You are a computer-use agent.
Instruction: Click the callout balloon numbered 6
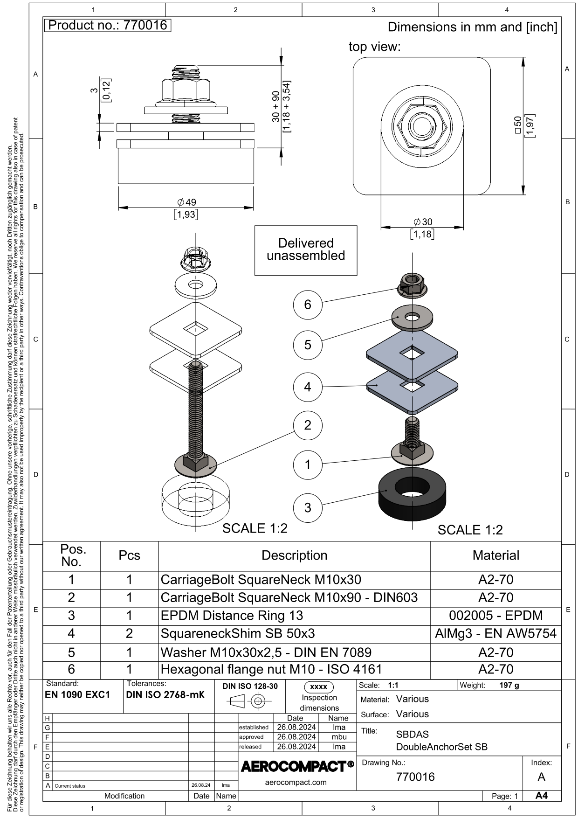click(x=308, y=305)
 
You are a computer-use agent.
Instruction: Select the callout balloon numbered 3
click(x=308, y=507)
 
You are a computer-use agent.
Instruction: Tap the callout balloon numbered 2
click(x=308, y=425)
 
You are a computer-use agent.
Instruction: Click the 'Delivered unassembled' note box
click(x=306, y=250)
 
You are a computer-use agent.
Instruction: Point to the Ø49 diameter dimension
click(x=186, y=202)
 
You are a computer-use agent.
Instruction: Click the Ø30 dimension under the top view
click(x=423, y=222)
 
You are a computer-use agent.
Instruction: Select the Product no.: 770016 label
click(x=108, y=25)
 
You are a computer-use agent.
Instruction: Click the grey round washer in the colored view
click(x=412, y=318)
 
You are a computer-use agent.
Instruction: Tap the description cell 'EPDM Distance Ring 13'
click(x=232, y=616)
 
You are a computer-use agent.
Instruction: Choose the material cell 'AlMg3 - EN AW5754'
click(x=495, y=633)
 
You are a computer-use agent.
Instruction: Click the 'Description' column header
click(x=294, y=555)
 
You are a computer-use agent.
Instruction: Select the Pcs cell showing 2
click(x=129, y=633)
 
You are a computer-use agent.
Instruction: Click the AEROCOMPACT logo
click(x=297, y=766)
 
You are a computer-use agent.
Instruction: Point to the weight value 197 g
click(x=509, y=685)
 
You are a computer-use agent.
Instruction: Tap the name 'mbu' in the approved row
click(x=339, y=737)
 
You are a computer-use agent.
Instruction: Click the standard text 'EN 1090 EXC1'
click(x=77, y=694)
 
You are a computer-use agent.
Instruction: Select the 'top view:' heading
click(x=375, y=47)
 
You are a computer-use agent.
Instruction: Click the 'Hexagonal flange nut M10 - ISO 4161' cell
click(x=271, y=669)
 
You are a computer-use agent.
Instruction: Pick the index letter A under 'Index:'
click(x=541, y=776)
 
